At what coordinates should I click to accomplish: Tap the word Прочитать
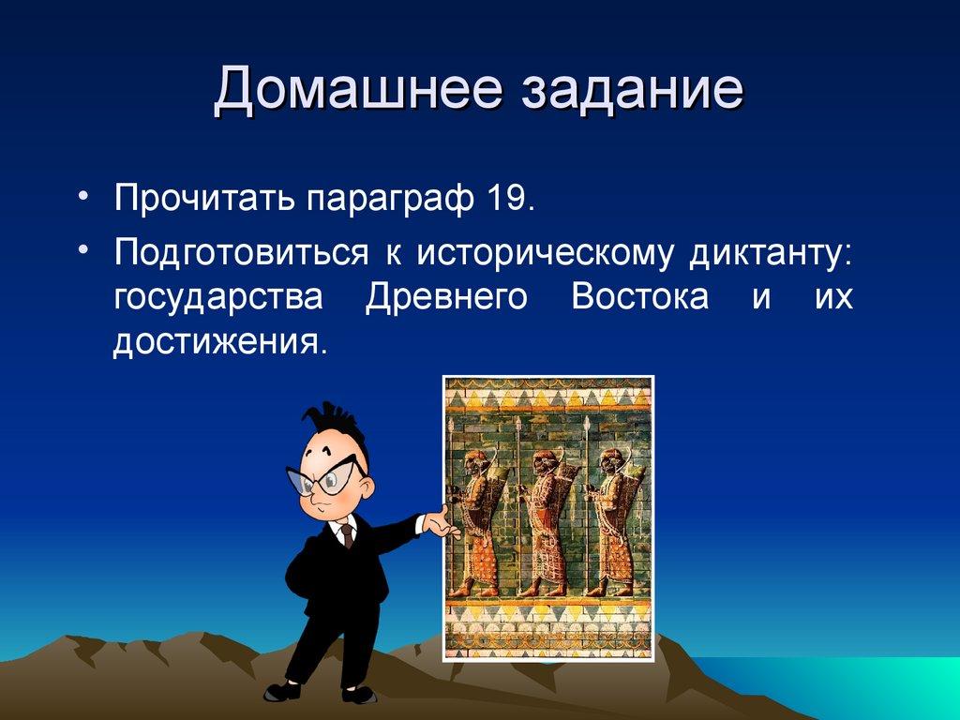[201, 200]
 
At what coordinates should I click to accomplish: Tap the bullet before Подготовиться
[85, 248]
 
